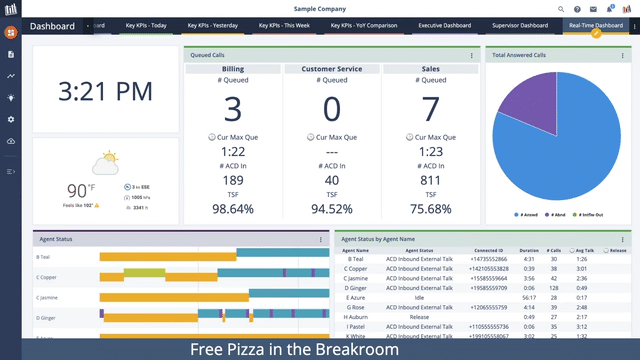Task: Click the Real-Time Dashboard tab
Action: click(595, 25)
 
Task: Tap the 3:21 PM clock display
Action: click(105, 91)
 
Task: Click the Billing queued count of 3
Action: click(232, 108)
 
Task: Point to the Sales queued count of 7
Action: click(431, 108)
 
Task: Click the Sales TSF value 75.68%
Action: click(431, 209)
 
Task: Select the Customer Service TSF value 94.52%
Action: click(332, 209)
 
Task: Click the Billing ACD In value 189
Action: click(232, 180)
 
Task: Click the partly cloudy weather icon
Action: click(105, 161)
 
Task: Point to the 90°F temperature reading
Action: click(81, 190)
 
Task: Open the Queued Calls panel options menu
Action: click(471, 56)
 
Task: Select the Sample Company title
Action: click(319, 8)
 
